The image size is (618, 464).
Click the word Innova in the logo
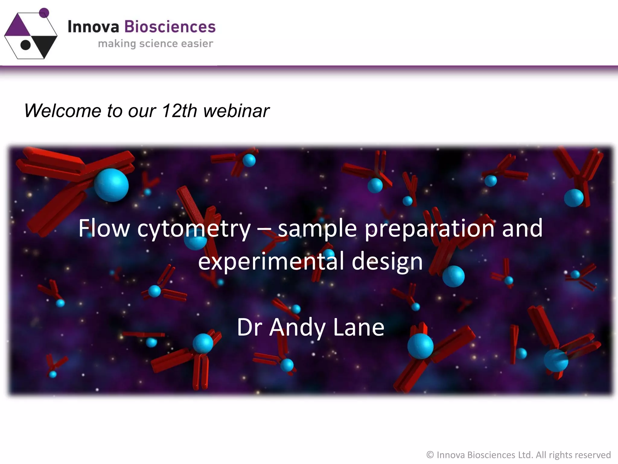[x=93, y=27]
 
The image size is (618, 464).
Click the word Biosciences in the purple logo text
[x=170, y=27]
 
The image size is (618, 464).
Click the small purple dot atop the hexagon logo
[x=44, y=13]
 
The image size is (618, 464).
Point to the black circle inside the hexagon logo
[x=26, y=45]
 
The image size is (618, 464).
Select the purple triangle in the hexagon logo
[x=18, y=26]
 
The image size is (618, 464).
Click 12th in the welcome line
[x=179, y=111]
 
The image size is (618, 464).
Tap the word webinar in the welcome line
[x=236, y=111]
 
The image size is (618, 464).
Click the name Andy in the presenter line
[x=297, y=328]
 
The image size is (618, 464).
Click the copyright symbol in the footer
[x=430, y=455]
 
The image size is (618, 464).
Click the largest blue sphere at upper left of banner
[x=111, y=185]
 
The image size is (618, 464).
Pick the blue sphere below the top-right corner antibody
[x=574, y=198]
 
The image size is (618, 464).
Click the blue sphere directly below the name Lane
[x=420, y=346]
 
